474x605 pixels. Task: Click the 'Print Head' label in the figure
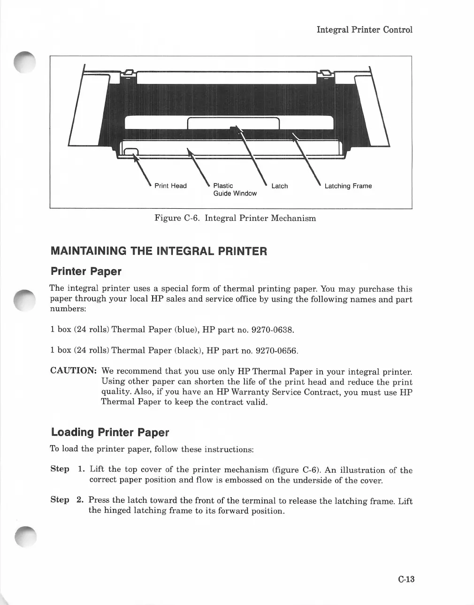[170, 186]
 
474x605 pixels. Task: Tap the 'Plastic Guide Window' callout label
[235, 189]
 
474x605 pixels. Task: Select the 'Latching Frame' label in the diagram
[348, 186]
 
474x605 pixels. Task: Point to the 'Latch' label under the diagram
[279, 186]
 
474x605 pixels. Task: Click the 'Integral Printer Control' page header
[364, 30]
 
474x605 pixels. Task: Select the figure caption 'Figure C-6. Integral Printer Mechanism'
[235, 218]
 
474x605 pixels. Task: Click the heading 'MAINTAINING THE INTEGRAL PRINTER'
[159, 251]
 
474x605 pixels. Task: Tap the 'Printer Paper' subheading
[86, 272]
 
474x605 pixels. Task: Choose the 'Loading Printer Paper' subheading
[110, 432]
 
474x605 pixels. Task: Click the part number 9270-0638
[273, 330]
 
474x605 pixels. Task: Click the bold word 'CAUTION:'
[73, 371]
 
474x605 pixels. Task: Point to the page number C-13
[406, 579]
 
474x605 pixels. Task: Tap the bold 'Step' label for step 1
[60, 469]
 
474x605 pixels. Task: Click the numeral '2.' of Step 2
[80, 500]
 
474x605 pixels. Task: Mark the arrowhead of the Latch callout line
[236, 128]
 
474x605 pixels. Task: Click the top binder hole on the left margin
[23, 61]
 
